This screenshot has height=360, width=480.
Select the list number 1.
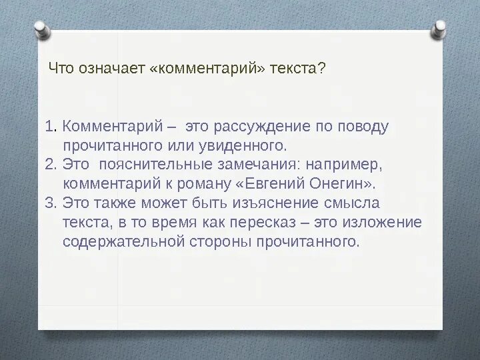(50, 126)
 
